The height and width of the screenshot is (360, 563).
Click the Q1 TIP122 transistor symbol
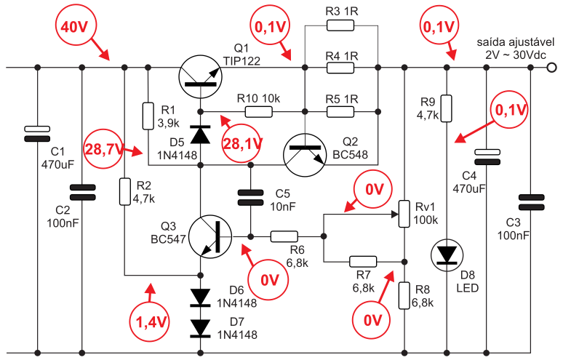point(200,77)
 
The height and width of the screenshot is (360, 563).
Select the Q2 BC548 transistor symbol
point(305,155)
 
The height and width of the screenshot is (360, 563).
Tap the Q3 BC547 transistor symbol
point(210,236)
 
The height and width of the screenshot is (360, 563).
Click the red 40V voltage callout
point(75,26)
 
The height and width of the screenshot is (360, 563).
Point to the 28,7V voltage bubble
point(103,149)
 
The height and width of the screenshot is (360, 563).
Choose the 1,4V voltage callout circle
point(150,322)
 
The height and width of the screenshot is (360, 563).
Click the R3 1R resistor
point(340,25)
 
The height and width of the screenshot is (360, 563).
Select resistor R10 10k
point(259,112)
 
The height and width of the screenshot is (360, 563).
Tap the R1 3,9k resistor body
point(148,116)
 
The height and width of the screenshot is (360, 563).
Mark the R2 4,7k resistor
point(124,192)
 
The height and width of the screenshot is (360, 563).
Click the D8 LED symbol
point(447,255)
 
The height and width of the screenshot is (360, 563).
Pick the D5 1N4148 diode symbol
point(200,135)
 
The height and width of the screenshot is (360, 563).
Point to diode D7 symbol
point(200,329)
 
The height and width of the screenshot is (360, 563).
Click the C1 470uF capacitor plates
point(37,134)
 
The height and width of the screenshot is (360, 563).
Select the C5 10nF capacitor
point(251,198)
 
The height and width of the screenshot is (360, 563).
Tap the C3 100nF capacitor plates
point(532,202)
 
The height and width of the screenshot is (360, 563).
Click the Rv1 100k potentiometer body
point(404,214)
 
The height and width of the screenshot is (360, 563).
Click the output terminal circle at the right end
point(552,68)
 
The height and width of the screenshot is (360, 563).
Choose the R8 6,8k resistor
point(404,295)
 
